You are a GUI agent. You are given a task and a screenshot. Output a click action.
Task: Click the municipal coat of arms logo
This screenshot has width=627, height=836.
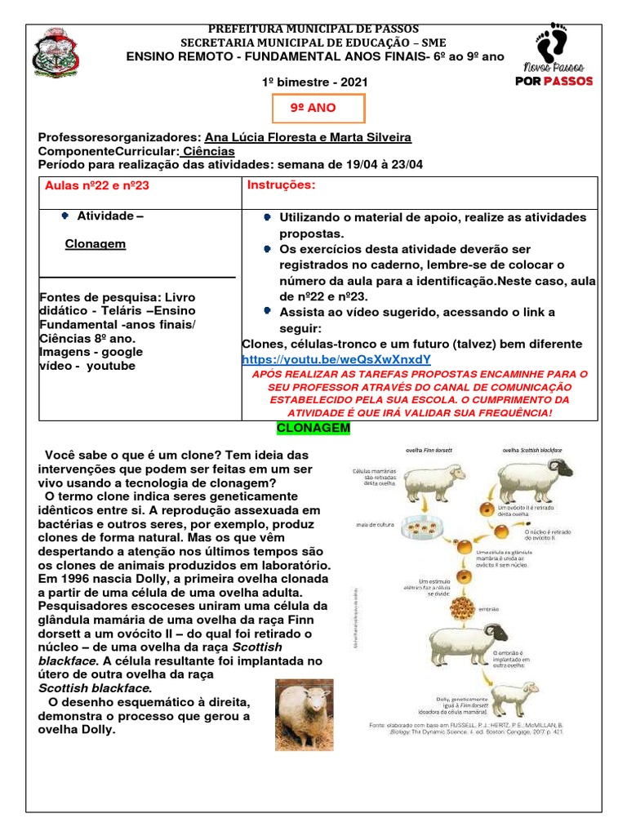56,58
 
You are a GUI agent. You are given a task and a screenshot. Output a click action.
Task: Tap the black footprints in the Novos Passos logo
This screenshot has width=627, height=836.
554,42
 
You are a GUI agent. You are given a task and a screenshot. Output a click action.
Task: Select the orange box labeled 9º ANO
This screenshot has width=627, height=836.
313,109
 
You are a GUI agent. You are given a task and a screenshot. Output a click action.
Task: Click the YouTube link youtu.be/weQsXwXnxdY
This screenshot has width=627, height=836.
336,359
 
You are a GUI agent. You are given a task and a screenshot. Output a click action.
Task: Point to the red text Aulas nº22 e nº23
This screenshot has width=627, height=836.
97,186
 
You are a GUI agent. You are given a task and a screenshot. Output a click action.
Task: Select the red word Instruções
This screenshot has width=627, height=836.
281,185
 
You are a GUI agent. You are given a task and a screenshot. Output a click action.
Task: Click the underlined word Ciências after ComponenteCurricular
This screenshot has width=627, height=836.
208,151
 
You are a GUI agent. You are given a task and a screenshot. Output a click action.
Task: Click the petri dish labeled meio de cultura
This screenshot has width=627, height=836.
430,525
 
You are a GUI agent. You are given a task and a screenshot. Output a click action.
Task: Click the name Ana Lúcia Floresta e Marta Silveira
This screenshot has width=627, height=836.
309,137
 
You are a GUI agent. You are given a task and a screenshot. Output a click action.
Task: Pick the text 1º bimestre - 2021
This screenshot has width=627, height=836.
314,82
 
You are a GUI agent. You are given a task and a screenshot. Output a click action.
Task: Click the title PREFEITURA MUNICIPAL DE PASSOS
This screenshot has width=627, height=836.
314,29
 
